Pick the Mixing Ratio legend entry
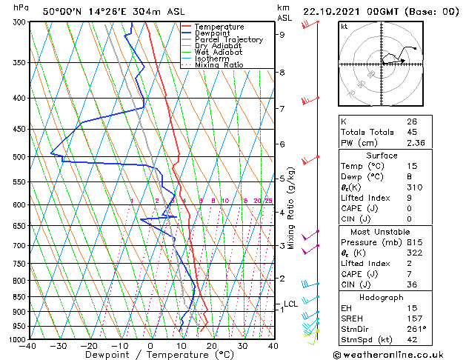219,65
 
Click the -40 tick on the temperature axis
28,346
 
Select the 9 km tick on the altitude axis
282,34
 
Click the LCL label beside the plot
290,304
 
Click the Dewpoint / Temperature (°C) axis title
150,356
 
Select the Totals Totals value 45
412,132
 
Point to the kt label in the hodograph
344,27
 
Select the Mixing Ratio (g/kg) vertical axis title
291,208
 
